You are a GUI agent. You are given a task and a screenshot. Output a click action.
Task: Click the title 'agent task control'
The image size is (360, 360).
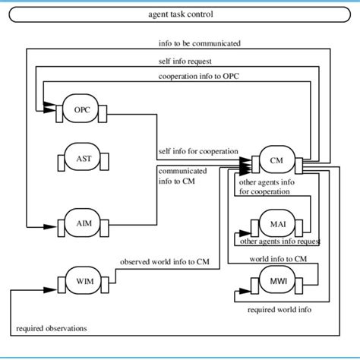tap(181, 14)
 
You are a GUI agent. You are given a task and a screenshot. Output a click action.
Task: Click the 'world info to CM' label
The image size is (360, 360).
tap(278, 259)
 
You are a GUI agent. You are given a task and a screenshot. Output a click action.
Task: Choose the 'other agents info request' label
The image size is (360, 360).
tap(279, 242)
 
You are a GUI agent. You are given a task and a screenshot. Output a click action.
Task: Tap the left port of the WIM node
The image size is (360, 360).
tap(55, 283)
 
